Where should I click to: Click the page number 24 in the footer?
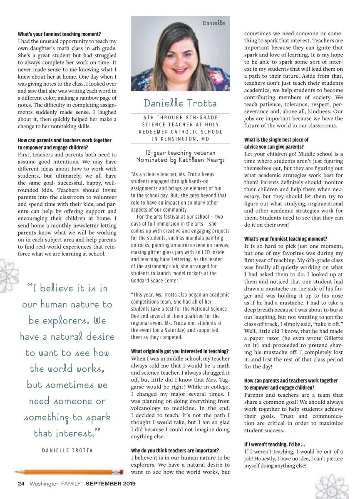21,484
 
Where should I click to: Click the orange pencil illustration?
69,472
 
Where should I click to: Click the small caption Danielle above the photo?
214,23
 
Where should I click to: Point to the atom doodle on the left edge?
8,268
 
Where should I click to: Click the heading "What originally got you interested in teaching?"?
180,351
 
